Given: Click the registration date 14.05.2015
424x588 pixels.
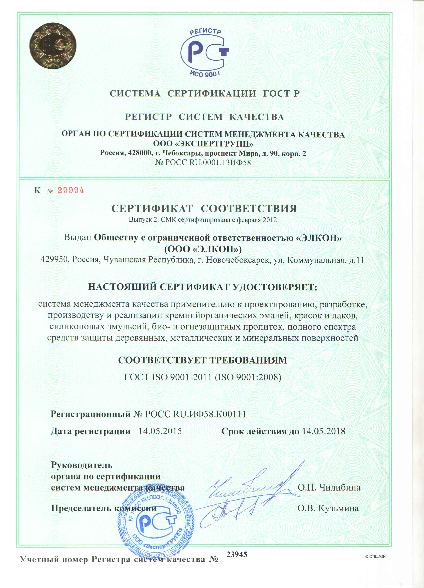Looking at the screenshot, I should click(x=160, y=431).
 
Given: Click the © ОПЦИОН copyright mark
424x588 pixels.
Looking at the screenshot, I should click(x=375, y=556).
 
